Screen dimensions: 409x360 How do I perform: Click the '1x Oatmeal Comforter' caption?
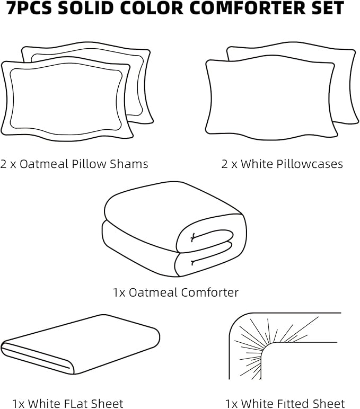(x=175, y=292)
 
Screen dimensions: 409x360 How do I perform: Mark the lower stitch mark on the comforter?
(x=194, y=262)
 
